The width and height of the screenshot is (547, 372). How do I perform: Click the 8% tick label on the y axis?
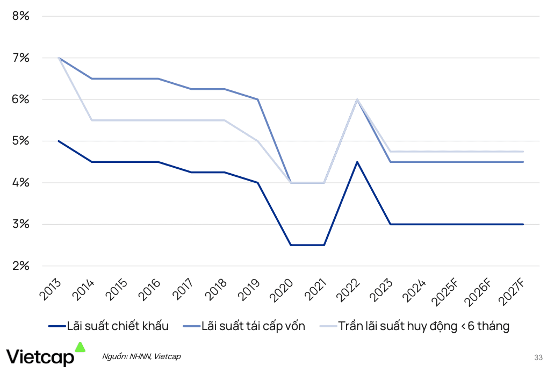(x=20, y=16)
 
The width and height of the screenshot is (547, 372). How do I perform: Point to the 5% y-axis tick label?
(x=20, y=141)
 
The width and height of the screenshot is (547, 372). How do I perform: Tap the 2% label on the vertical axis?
(x=20, y=266)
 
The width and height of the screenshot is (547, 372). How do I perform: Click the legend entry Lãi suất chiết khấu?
(x=118, y=326)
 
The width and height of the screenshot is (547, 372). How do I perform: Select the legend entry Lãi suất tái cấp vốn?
(x=253, y=326)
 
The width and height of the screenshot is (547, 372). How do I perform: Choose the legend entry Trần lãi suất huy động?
(x=423, y=326)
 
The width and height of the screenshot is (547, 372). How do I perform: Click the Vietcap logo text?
(x=40, y=356)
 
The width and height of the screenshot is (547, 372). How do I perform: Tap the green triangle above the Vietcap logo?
(x=80, y=347)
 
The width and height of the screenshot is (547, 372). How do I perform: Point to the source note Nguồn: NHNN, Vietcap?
(x=141, y=356)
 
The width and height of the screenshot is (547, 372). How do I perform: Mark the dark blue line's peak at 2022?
(x=357, y=162)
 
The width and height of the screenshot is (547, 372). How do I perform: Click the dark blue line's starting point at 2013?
(x=59, y=141)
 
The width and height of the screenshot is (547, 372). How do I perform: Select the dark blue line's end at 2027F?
(x=523, y=224)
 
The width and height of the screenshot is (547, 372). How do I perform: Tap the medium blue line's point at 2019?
(x=258, y=99)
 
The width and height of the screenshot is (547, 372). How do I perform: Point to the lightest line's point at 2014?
(x=92, y=120)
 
